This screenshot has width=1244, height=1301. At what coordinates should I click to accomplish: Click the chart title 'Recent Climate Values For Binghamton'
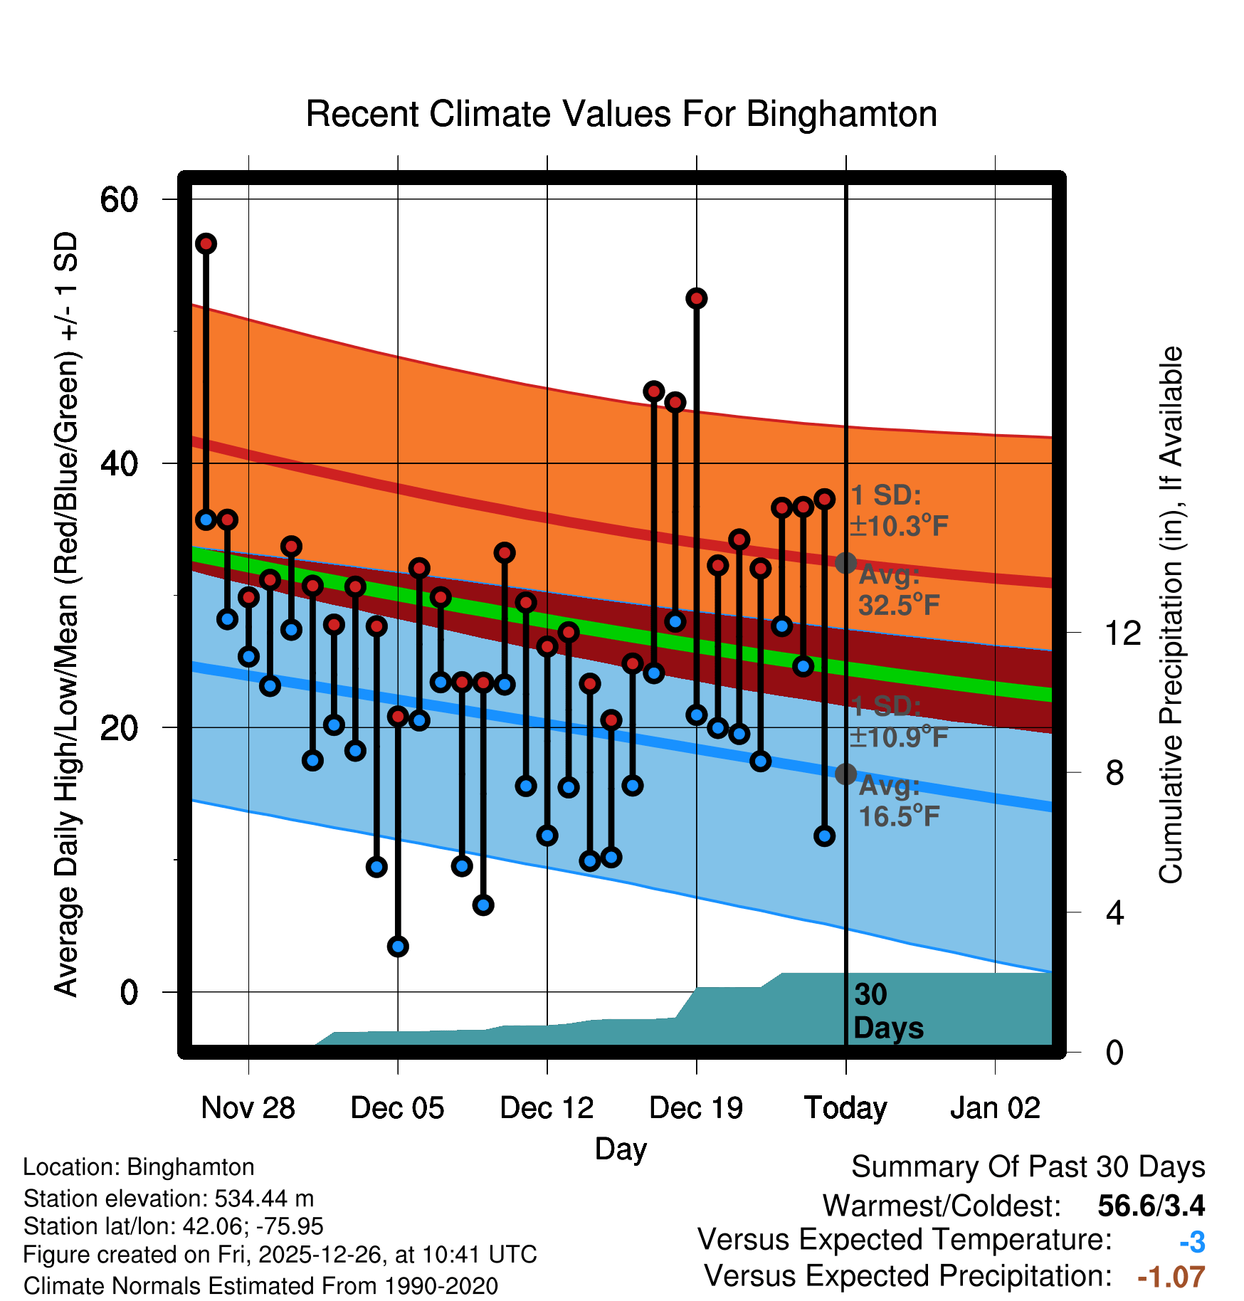(621, 115)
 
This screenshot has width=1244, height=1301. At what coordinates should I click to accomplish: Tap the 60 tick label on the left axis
(119, 199)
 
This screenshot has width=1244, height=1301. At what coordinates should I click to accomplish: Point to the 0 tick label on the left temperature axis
(128, 991)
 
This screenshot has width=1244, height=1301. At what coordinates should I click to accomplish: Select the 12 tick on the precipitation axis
(1122, 633)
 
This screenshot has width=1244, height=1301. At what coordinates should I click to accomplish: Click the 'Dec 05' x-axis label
(397, 1108)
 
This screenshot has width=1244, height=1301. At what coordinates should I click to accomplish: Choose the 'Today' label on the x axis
(845, 1108)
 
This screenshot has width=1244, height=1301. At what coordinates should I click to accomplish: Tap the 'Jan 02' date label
(995, 1108)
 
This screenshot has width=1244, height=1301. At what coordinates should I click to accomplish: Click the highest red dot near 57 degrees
(206, 244)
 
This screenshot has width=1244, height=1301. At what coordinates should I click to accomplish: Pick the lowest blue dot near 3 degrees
(398, 947)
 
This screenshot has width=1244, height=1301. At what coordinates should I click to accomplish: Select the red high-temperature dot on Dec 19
(696, 299)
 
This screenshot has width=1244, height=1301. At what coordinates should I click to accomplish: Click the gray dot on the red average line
(845, 563)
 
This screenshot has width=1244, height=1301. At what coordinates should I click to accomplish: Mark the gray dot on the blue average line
(845, 774)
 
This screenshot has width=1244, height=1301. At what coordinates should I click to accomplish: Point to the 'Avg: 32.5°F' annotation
(898, 591)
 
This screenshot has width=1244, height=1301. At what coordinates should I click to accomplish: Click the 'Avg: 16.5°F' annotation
(898, 801)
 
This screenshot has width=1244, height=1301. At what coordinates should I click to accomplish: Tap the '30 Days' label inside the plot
(887, 1011)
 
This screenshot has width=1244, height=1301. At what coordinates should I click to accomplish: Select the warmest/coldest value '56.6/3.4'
(1151, 1206)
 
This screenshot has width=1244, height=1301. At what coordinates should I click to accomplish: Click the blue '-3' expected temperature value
(1192, 1242)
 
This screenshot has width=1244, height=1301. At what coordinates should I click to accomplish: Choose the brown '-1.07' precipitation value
(1171, 1278)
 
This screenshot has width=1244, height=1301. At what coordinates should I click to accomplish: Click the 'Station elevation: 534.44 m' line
(169, 1199)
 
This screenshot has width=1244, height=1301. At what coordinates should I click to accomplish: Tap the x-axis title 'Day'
(621, 1149)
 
